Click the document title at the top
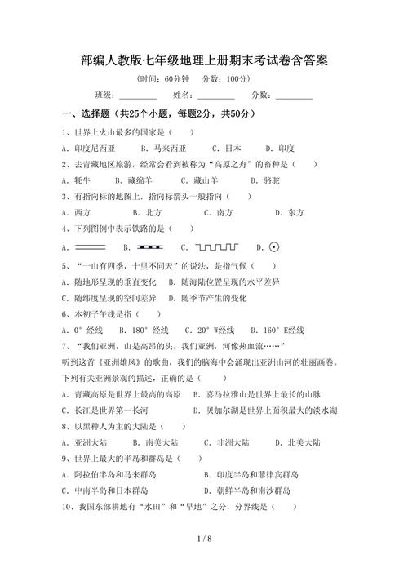coord(204,60)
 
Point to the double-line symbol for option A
coord(90,246)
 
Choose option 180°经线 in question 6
coord(148,330)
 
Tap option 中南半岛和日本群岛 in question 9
coord(110,490)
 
